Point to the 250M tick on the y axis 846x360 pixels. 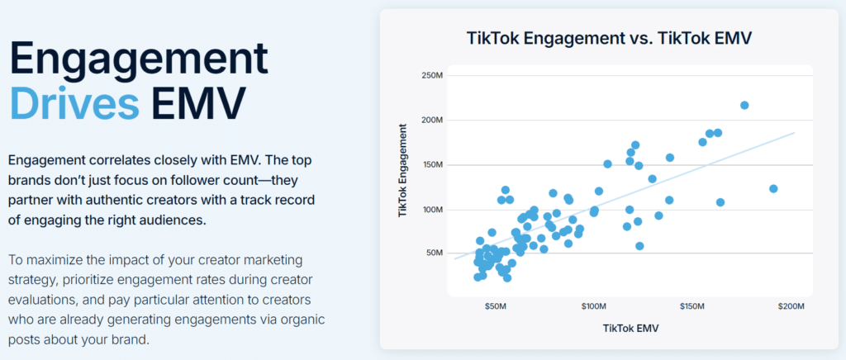pos(433,76)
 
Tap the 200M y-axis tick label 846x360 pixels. pos(433,121)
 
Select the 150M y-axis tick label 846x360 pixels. pos(433,165)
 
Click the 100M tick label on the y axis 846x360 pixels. pos(433,210)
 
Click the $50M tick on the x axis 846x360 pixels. pos(495,306)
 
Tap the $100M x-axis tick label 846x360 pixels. pos(593,306)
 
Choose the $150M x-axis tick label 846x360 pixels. pos(692,306)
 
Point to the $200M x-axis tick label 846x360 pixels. pos(791,306)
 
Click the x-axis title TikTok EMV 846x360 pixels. pos(625,328)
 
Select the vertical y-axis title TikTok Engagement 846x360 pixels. pos(403,171)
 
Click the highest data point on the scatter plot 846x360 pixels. pos(744,105)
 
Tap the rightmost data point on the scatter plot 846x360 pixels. pos(773,189)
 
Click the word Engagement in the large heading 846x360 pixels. pos(140,59)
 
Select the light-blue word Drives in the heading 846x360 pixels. pos(74,102)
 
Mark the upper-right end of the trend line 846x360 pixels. pos(794,132)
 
